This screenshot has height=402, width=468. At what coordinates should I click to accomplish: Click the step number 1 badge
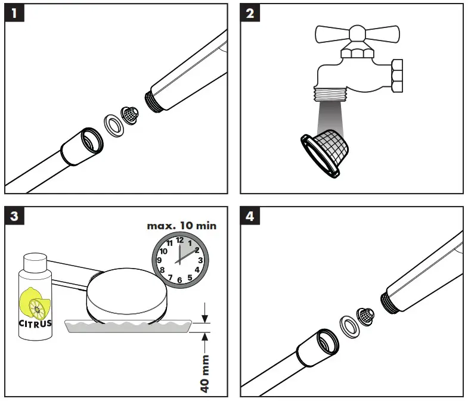[14, 13]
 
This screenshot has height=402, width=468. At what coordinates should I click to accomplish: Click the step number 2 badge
[250, 13]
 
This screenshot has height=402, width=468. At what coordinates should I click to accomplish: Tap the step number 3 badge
[14, 216]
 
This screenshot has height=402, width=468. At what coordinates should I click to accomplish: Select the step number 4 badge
[250, 216]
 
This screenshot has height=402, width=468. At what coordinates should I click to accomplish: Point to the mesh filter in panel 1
[130, 116]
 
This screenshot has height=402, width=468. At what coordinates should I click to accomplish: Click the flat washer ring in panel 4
[349, 329]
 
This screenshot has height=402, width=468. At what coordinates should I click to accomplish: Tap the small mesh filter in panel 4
[365, 317]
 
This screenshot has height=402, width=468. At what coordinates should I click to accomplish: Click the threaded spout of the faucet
[330, 94]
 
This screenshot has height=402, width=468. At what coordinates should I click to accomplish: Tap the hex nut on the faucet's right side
[396, 76]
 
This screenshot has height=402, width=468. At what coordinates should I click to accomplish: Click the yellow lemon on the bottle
[35, 303]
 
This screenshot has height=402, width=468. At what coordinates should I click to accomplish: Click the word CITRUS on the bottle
[35, 323]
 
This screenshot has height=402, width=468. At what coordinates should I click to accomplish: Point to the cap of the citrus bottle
[35, 261]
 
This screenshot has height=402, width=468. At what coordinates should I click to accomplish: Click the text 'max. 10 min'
[182, 226]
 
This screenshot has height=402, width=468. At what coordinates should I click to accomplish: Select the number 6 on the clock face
[179, 280]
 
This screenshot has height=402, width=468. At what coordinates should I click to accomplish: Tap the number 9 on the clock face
[159, 260]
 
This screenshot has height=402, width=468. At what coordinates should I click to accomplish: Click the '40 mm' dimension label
[204, 374]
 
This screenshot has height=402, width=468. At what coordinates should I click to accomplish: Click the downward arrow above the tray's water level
[204, 313]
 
